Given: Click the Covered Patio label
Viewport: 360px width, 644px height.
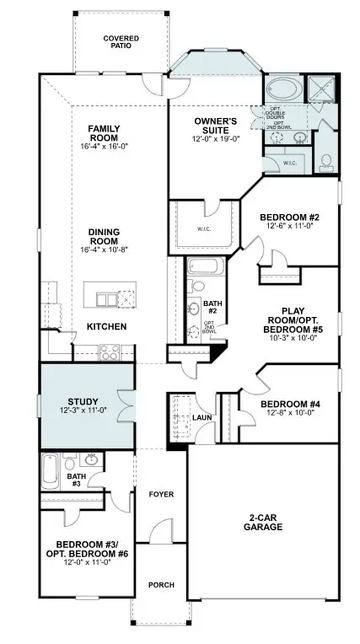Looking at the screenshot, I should coord(121,42).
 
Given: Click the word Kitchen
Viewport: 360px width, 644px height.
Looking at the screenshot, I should coord(107,326).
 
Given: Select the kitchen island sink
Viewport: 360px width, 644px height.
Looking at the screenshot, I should coord(106,299).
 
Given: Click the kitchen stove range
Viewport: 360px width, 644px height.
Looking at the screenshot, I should coord(110,352).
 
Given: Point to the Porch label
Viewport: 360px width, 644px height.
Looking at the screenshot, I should coord(160,584).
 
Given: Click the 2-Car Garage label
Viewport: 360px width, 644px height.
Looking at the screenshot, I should coord(266,523).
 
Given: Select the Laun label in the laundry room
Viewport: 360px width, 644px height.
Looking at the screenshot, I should coord(201,416).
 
